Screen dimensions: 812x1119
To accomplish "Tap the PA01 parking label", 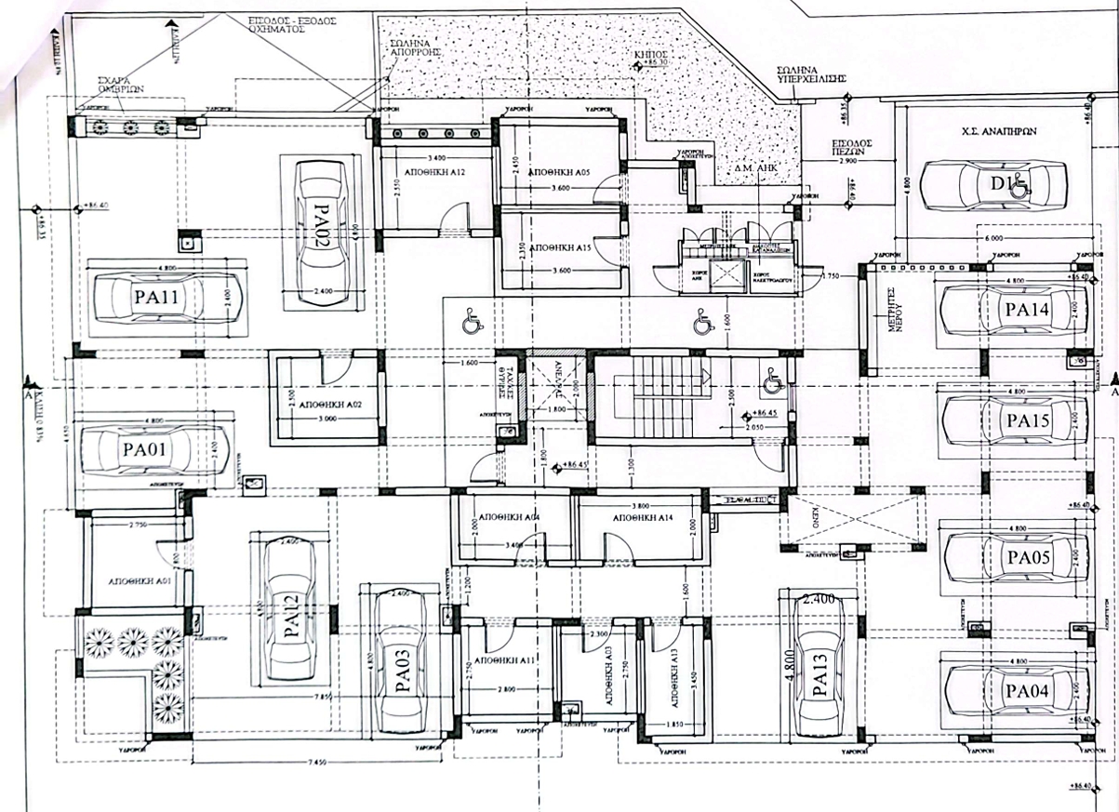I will [x=143, y=451].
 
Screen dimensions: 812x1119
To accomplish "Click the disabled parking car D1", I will [x=992, y=185].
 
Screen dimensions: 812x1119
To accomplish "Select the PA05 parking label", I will [x=1028, y=558].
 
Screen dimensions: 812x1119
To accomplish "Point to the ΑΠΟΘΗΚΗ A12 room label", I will [x=429, y=174].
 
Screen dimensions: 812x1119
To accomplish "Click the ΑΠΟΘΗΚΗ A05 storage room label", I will [x=558, y=174].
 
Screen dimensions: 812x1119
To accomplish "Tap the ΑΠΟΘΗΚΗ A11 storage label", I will [x=504, y=660].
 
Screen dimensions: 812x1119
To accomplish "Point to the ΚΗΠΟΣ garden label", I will [x=651, y=56].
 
